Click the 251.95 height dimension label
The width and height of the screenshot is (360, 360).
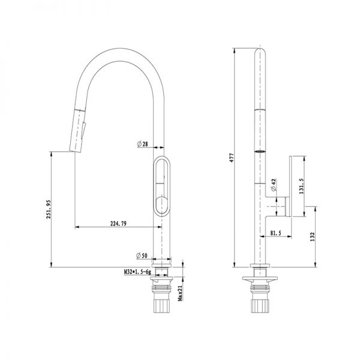click(49, 209)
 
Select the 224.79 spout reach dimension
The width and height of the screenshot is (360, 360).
click(118, 223)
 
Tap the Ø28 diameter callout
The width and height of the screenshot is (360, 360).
click(143, 144)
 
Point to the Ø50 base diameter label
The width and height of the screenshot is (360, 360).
click(142, 256)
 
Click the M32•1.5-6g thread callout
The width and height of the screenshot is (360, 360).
click(137, 272)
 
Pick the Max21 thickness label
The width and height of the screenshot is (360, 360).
click(180, 293)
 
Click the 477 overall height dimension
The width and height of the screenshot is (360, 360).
click(232, 158)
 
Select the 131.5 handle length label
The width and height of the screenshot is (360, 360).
click(302, 186)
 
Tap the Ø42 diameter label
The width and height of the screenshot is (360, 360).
click(274, 185)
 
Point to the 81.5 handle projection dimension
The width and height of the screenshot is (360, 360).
click(275, 233)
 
